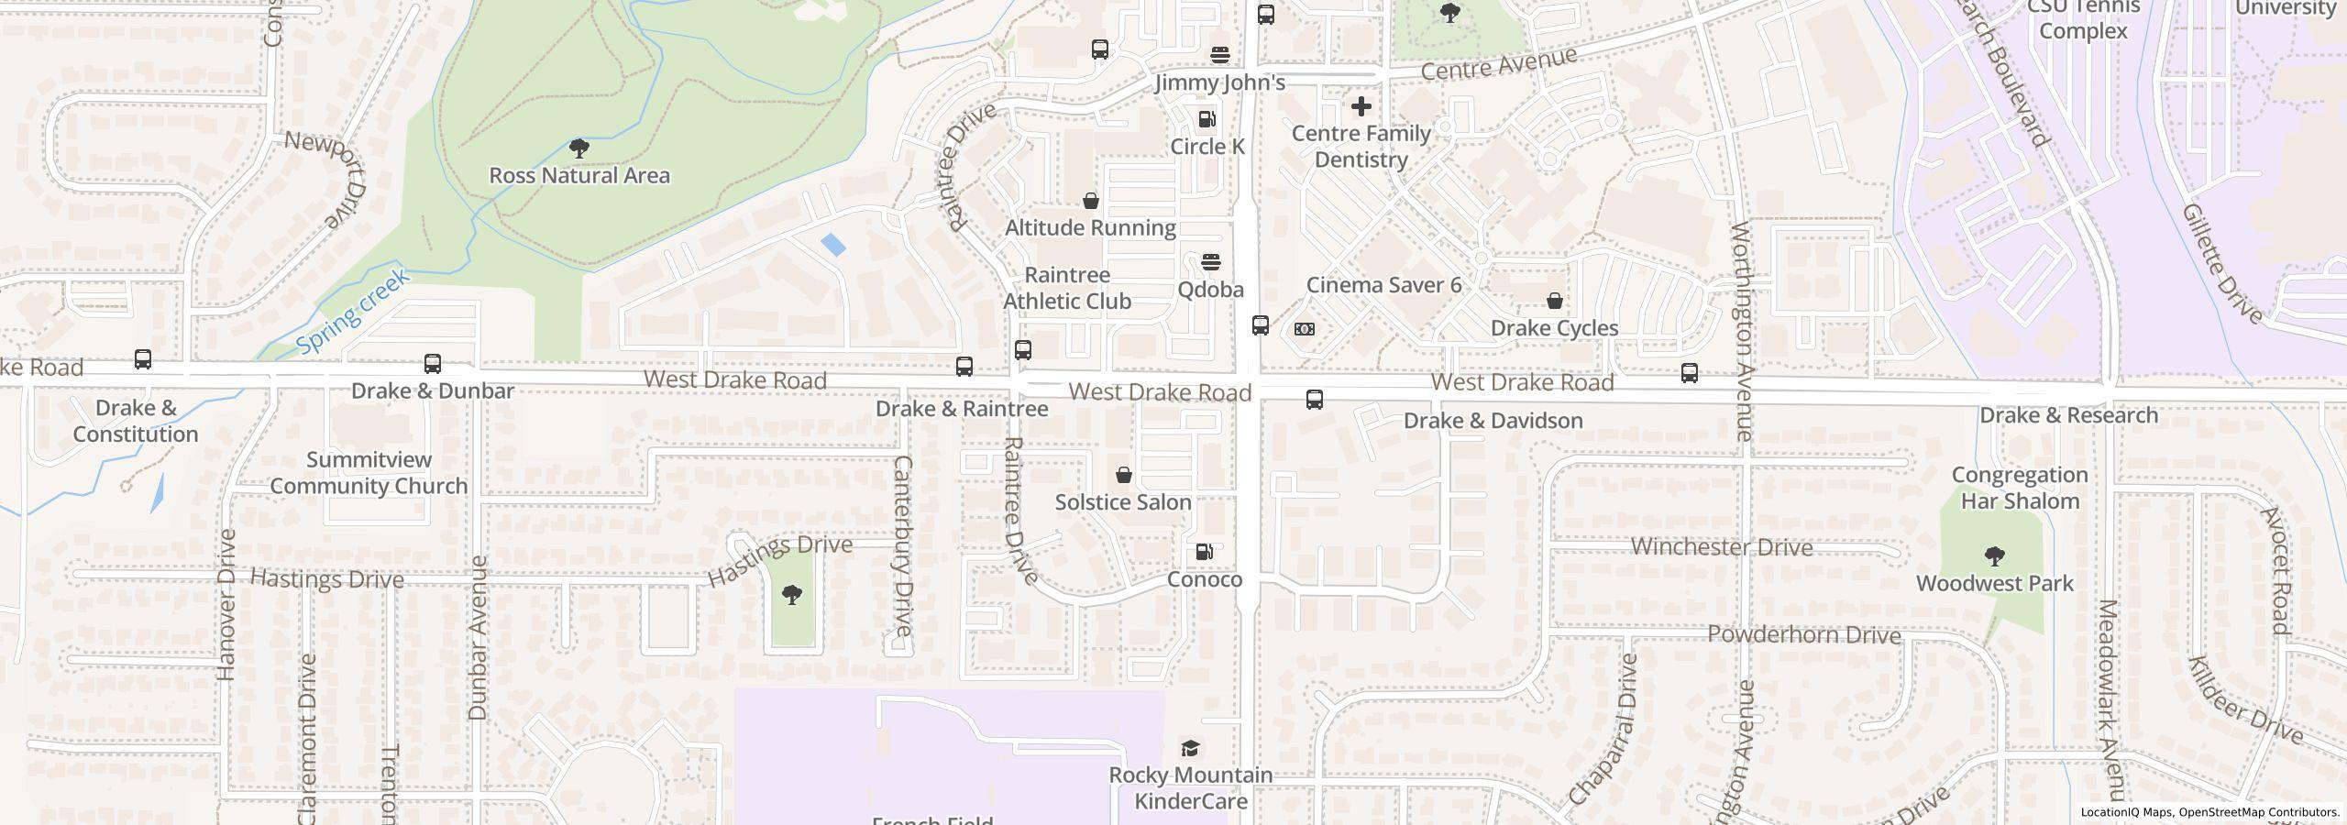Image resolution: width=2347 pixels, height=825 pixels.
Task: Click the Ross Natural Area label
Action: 579,175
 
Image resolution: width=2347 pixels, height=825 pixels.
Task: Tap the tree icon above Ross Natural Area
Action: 578,148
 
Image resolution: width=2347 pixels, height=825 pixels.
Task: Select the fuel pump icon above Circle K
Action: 1207,119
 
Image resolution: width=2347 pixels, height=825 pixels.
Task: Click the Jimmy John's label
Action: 1219,82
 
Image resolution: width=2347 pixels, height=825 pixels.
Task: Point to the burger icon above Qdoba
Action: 1210,262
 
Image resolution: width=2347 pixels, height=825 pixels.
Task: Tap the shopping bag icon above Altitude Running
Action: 1091,201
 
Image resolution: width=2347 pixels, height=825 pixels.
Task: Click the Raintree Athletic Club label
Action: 1067,288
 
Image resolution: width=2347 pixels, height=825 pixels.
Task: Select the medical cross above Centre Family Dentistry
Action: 1361,106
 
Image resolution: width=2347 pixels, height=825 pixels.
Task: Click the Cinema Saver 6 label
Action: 1383,285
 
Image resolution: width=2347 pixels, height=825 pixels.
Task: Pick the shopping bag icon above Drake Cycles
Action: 1555,301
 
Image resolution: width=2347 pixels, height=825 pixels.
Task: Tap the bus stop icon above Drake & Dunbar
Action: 433,364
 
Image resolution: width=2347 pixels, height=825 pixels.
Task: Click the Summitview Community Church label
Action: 369,473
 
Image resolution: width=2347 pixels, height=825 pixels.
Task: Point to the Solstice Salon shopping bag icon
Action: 1123,475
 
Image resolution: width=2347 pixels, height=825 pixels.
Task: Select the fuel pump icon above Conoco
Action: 1205,552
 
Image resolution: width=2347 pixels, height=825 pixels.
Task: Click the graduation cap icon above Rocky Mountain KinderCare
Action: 1190,748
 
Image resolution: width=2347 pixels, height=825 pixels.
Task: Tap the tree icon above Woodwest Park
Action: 1994,555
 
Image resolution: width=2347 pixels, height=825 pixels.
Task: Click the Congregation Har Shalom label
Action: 2020,488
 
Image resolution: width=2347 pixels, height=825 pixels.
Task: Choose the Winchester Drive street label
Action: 1722,547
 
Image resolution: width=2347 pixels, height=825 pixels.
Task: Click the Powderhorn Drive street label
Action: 1804,635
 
